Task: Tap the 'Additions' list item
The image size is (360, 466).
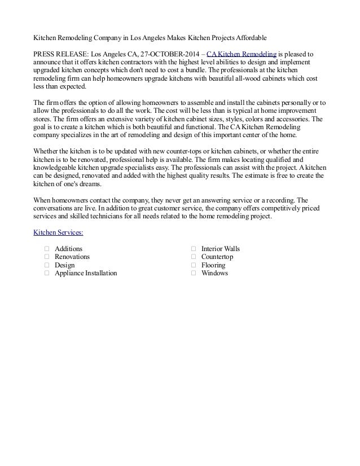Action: (68, 249)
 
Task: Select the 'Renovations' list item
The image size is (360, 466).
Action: (72, 257)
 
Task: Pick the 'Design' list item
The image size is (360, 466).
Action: (64, 265)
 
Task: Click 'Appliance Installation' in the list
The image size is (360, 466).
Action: (86, 273)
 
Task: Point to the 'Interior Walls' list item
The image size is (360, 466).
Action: (221, 249)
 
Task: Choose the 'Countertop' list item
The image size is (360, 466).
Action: (217, 257)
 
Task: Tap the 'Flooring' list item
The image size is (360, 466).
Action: (213, 265)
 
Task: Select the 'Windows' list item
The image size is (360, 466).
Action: (214, 273)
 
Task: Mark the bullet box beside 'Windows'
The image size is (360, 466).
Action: (194, 273)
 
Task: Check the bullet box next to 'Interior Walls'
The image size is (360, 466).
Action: (194, 249)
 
